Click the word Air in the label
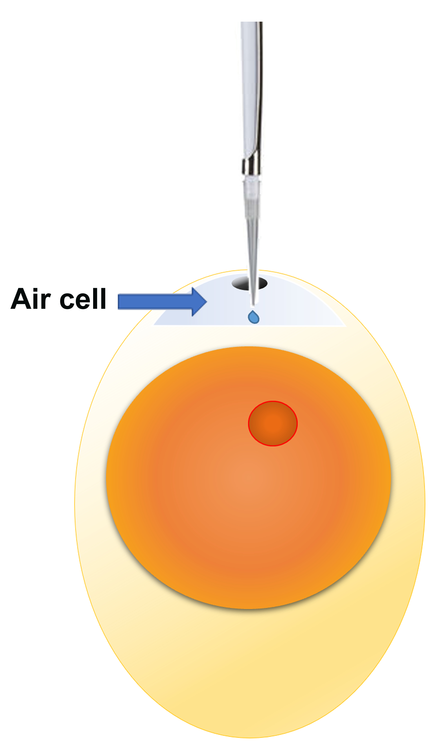coord(30,299)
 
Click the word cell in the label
coord(83,299)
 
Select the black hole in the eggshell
coord(242,283)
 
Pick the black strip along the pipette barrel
coord(260,89)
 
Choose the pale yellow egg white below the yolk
coord(250,669)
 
